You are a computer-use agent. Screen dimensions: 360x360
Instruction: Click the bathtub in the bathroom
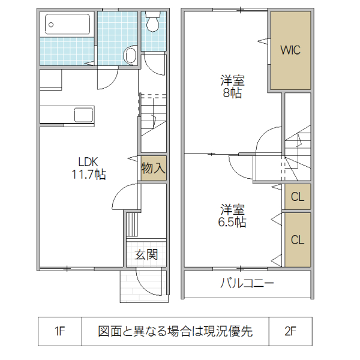(68, 25)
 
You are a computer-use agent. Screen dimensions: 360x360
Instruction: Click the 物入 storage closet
(153, 169)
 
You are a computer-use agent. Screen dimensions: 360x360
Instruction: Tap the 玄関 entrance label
(146, 254)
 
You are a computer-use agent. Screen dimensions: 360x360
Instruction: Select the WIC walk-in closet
(290, 50)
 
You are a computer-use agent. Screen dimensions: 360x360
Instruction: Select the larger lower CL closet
(297, 239)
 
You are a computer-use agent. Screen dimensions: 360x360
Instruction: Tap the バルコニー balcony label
(247, 284)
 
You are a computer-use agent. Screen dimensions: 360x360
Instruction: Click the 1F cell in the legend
(59, 331)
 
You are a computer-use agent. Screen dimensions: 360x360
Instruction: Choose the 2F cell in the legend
(290, 331)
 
